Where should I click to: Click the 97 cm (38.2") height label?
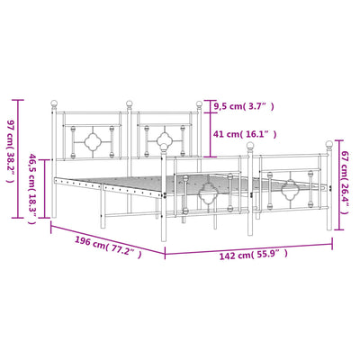(x=11, y=151)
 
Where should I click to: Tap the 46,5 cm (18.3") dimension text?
(x=32, y=189)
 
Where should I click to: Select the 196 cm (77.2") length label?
(x=108, y=247)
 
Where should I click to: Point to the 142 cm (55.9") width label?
(x=254, y=255)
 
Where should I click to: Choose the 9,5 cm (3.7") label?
(x=244, y=106)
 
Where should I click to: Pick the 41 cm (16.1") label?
(x=244, y=134)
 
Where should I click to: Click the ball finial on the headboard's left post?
(x=54, y=103)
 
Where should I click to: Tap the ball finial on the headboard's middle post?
(x=129, y=103)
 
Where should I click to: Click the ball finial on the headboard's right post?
(x=199, y=104)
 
